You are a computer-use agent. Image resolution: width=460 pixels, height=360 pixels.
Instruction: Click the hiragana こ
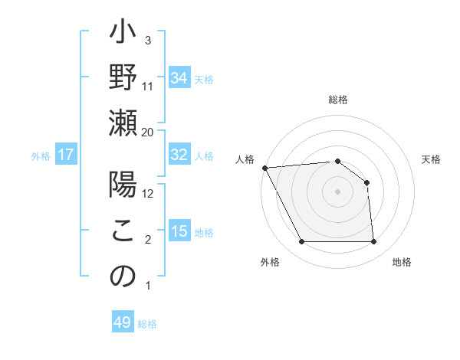pyautogui.click(x=123, y=232)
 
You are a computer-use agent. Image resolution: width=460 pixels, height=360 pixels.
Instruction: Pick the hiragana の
pyautogui.click(x=123, y=276)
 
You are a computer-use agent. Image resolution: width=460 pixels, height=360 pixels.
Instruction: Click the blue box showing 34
pyautogui.click(x=179, y=77)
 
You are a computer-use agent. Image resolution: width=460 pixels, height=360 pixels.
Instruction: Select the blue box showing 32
pyautogui.click(x=179, y=155)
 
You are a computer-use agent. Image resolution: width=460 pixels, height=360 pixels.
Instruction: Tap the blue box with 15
pyautogui.click(x=179, y=232)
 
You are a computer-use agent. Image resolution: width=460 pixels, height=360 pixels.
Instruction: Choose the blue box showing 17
pyautogui.click(x=66, y=155)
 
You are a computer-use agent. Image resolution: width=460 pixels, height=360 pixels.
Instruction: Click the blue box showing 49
pyautogui.click(x=123, y=322)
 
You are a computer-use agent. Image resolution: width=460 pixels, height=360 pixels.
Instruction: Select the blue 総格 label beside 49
pyautogui.click(x=147, y=324)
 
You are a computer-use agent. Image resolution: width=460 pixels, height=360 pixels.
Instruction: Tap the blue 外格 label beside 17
pyautogui.click(x=41, y=156)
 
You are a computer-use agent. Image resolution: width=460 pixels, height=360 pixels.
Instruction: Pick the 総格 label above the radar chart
pyautogui.click(x=337, y=100)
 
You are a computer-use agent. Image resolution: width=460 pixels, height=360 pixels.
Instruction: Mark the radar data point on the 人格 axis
pyautogui.click(x=264, y=168)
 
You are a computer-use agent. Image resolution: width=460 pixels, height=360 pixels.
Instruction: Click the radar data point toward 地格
pyautogui.click(x=374, y=242)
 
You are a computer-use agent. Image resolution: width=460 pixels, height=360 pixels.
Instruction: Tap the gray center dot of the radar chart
pyautogui.click(x=337, y=191)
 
